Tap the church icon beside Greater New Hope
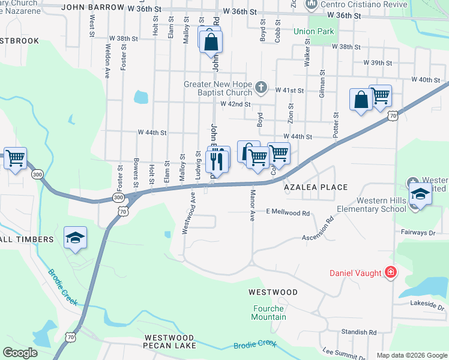coord(261,88)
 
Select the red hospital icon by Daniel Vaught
coord(391,273)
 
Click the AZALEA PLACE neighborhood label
coord(316,187)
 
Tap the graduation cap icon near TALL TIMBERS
coord(75,238)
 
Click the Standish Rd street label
coord(358,332)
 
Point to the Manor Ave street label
coord(252,205)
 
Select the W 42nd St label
coord(235,104)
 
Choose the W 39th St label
coord(378,63)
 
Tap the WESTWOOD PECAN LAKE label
coord(169,342)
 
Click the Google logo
coord(20,353)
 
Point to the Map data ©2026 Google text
coord(411,355)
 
